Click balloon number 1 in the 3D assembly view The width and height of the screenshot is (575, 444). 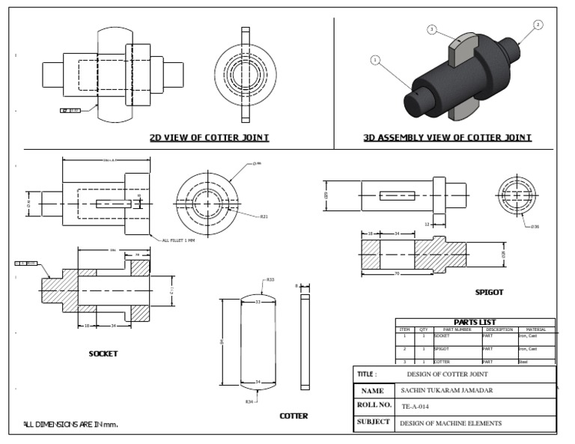point(375,60)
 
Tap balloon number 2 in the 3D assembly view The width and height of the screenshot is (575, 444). point(538,25)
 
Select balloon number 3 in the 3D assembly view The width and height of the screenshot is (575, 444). point(432,29)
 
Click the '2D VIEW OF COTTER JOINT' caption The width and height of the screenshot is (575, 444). point(209,138)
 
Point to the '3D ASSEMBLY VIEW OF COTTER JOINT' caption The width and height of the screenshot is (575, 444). point(447,138)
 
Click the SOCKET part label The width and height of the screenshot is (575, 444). point(103,353)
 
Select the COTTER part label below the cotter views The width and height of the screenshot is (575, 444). point(293,416)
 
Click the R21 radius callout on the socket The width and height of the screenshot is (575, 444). point(264,217)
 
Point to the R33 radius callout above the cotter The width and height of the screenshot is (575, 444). point(270,280)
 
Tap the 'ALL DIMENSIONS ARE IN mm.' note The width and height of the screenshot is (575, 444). point(71,425)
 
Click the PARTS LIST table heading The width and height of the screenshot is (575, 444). point(475,323)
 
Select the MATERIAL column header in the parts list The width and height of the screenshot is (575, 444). point(536,329)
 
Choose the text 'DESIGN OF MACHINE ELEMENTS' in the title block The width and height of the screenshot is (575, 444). point(451,423)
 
